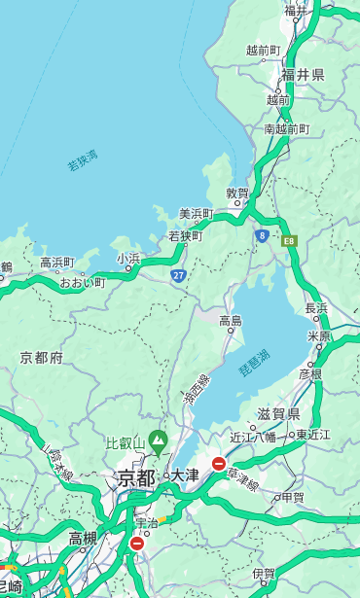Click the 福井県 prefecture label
tap(303, 75)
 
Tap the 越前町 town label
tap(263, 51)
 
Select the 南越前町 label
tap(286, 129)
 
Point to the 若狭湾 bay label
tap(82, 160)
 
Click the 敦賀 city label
tap(237, 193)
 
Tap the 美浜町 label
tap(197, 214)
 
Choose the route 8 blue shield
tap(262, 235)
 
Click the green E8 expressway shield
tap(289, 239)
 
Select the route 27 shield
tap(179, 276)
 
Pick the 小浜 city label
tap(128, 259)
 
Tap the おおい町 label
tap(82, 283)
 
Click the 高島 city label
tap(231, 321)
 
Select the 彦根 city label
tap(310, 373)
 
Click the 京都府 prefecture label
tap(42, 358)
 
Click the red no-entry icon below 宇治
tap(137, 544)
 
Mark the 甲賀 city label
tap(292, 497)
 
